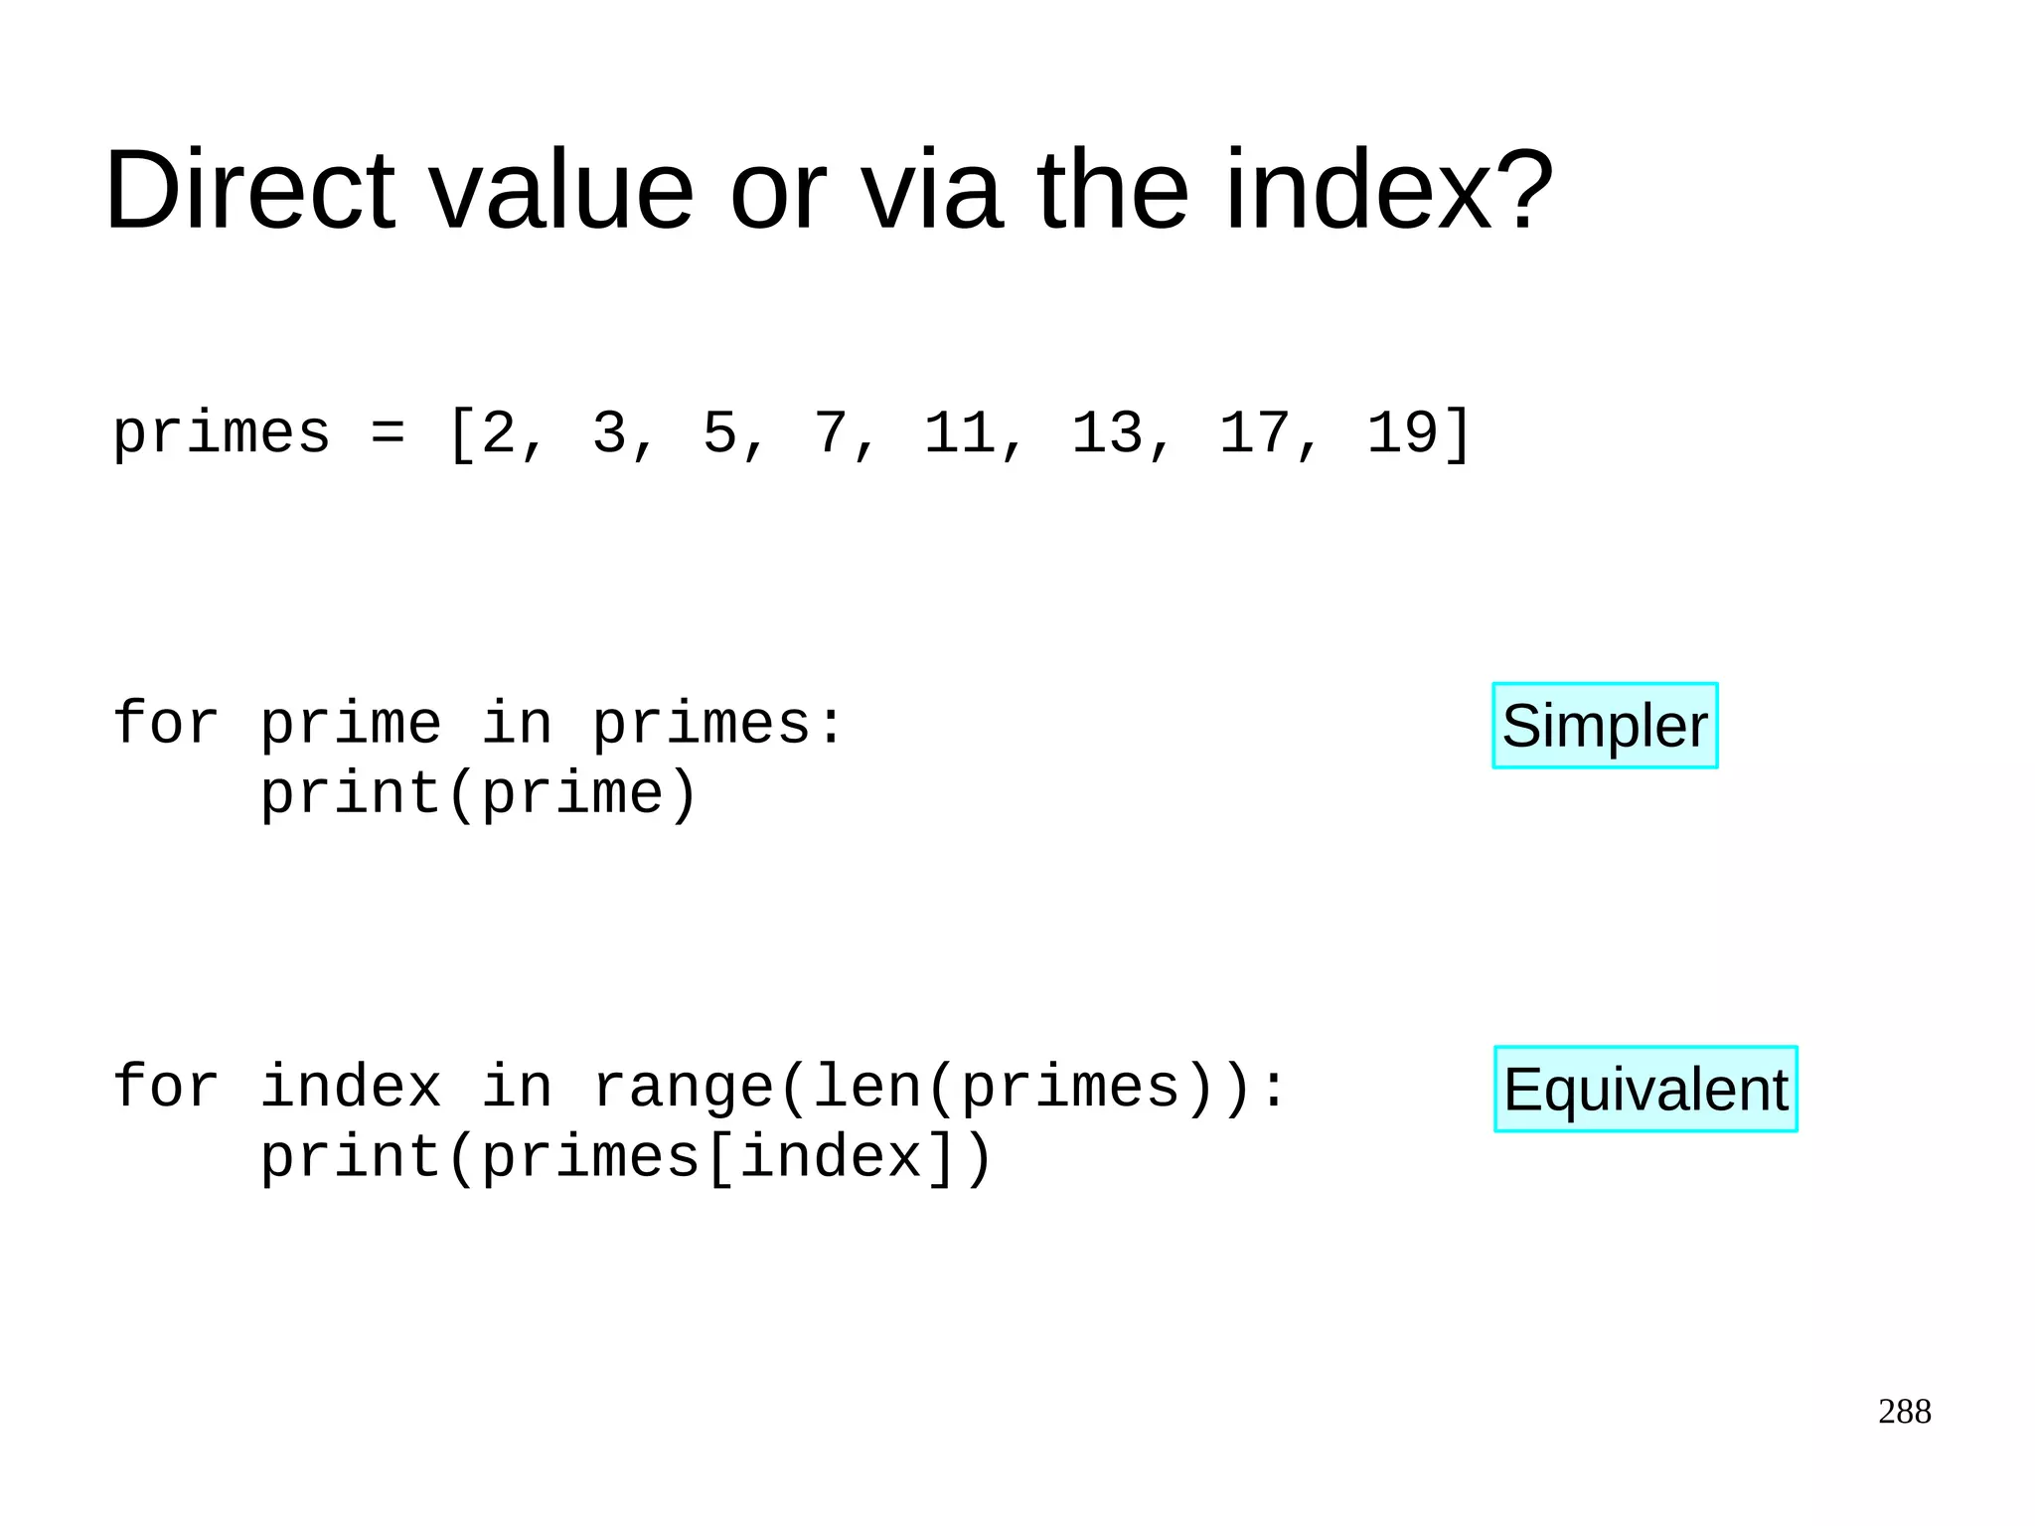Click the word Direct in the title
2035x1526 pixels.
pos(249,190)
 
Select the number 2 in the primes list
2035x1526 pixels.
pos(498,434)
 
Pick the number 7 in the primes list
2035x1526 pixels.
pos(831,434)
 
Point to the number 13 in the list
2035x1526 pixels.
pos(1107,434)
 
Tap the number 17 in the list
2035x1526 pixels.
pos(1255,434)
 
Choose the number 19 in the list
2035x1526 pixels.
pos(1402,434)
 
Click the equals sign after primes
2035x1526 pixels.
pos(388,434)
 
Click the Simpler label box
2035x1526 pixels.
pos(1605,726)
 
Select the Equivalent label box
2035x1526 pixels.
pos(1645,1090)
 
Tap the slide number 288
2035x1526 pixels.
pos(1904,1412)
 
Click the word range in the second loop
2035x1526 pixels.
pos(684,1088)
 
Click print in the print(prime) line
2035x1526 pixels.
pos(351,794)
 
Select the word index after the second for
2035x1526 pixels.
pos(351,1088)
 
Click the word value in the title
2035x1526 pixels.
pos(560,190)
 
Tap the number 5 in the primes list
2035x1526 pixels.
pos(719,434)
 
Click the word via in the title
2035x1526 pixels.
pos(930,190)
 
